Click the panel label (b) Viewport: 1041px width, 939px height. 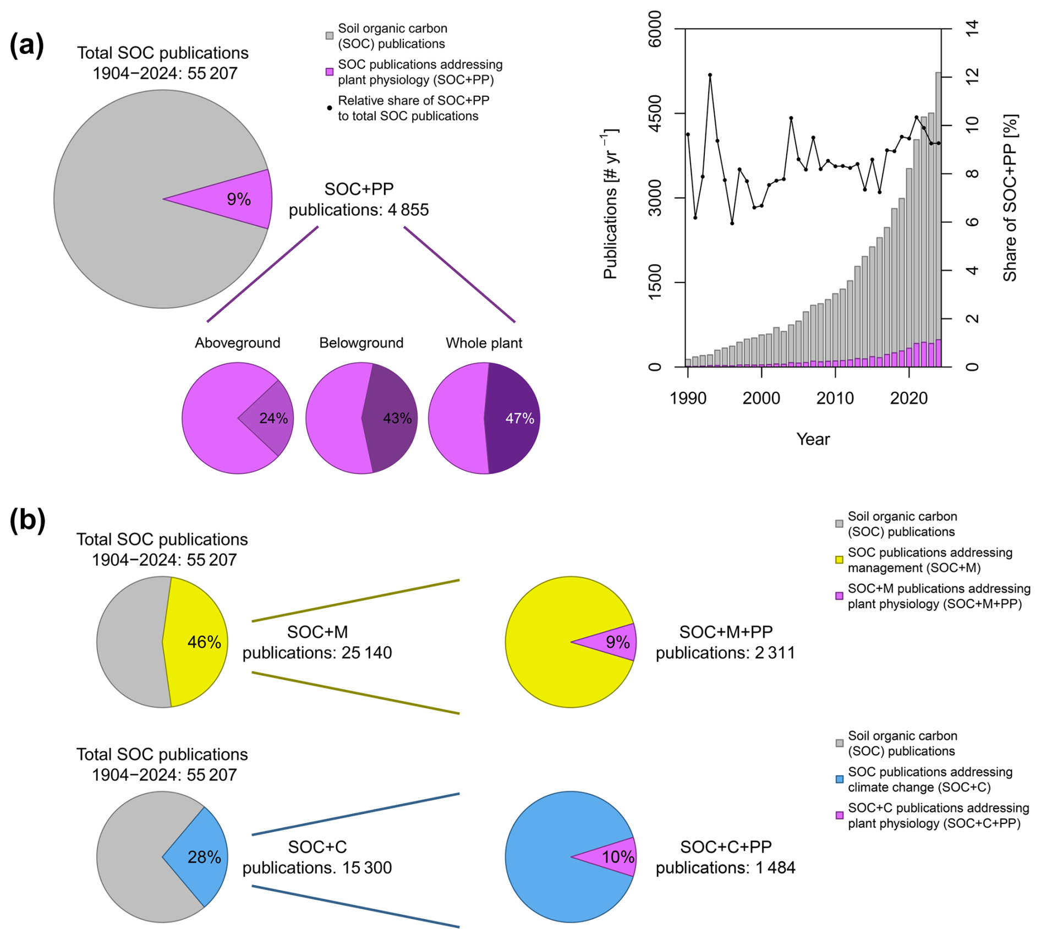click(27, 520)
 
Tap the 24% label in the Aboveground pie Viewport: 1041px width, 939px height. click(273, 418)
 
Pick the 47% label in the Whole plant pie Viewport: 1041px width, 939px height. click(519, 418)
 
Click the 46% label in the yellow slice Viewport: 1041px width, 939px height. click(204, 642)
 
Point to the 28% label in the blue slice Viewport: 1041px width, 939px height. click(204, 857)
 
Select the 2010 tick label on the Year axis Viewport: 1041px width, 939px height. click(835, 398)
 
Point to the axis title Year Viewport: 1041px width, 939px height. click(813, 439)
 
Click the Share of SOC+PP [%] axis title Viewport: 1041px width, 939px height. click(1010, 198)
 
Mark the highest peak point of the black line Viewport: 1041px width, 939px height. click(710, 75)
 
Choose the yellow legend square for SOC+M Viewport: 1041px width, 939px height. click(839, 560)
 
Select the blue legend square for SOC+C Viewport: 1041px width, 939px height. click(839, 779)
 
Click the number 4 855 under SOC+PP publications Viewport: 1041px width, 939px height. click(408, 210)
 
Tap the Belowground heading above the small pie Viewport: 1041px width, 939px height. click(361, 343)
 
